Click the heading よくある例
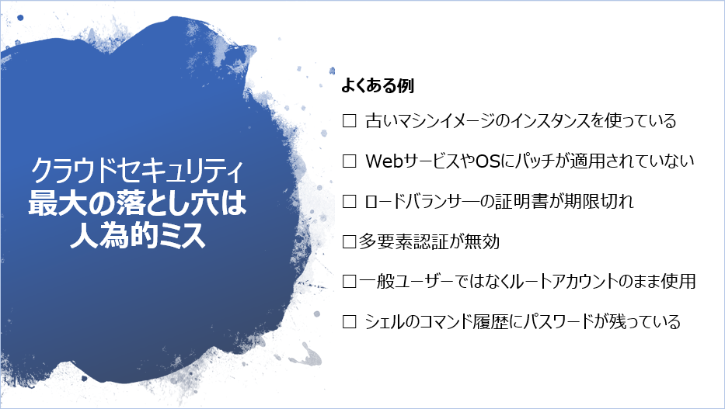(x=378, y=85)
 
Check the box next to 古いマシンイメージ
(x=349, y=121)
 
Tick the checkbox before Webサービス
(x=349, y=161)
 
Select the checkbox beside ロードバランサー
(x=349, y=201)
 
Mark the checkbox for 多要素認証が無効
(x=349, y=241)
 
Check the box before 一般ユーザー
(x=349, y=281)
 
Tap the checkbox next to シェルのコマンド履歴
(x=349, y=321)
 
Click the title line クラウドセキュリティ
(x=137, y=170)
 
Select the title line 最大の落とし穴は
(x=138, y=203)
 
